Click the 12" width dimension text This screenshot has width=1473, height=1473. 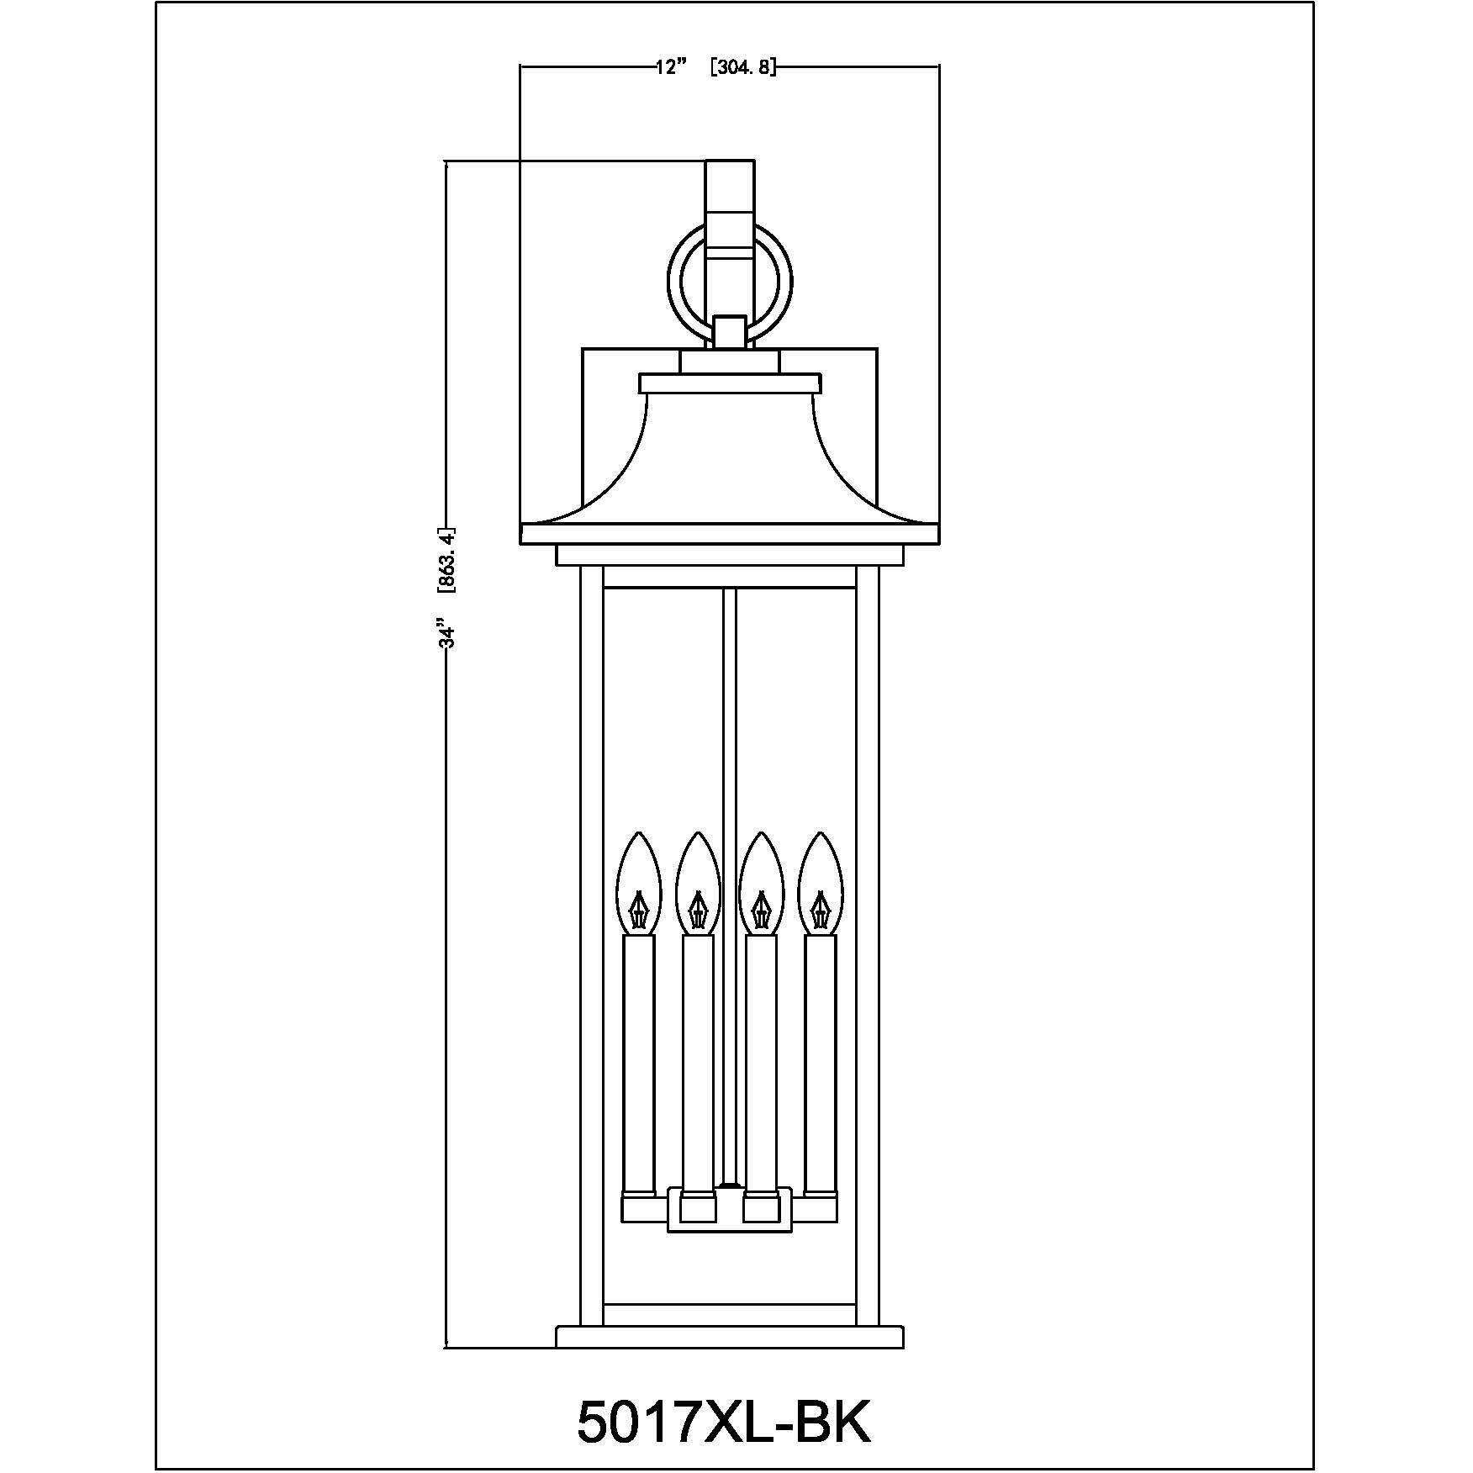(671, 67)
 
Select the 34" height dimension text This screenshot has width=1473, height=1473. (449, 635)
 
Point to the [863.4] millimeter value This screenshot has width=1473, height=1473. (449, 561)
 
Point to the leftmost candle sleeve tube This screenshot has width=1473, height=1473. (638, 1063)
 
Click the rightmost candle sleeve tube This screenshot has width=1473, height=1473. (821, 1063)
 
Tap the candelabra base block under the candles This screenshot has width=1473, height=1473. (730, 1211)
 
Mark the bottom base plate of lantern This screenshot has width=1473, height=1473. (730, 1359)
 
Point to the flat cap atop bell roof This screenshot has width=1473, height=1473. (730, 383)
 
